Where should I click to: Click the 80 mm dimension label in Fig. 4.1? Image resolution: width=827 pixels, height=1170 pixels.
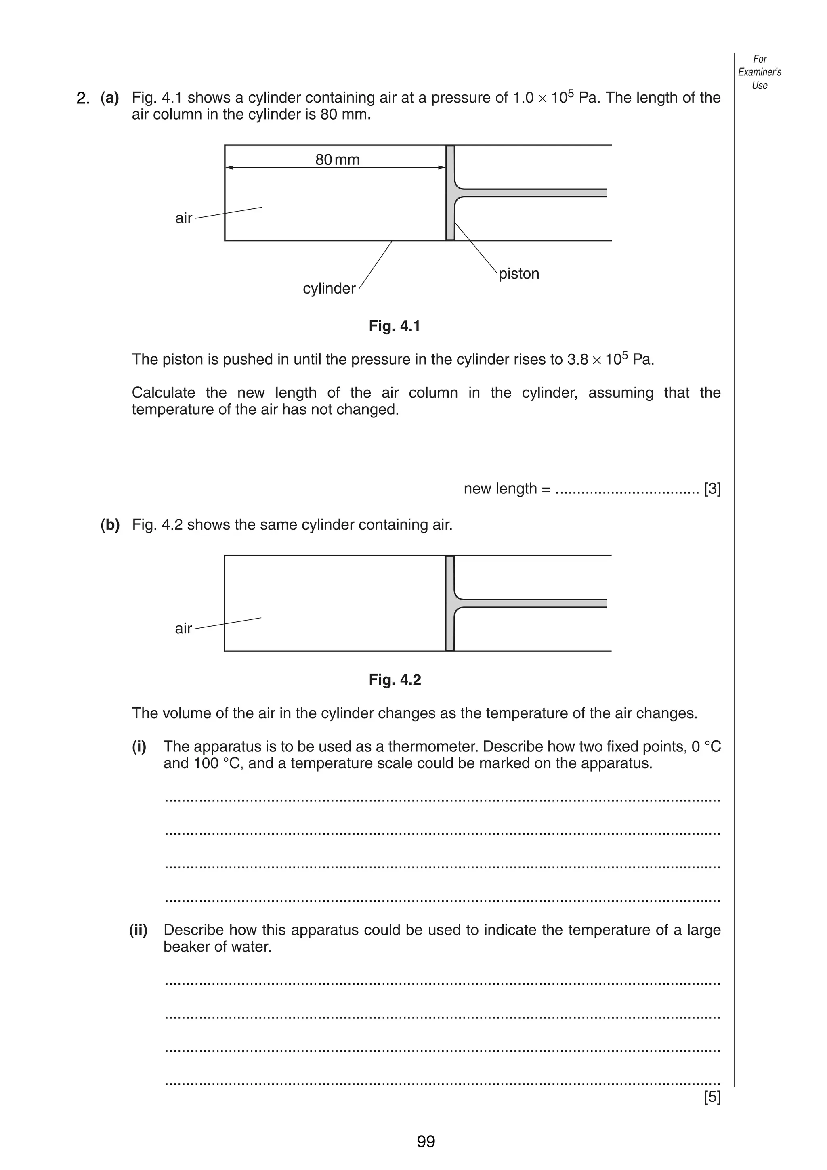click(x=337, y=160)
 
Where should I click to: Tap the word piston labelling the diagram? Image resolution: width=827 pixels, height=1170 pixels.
click(x=519, y=274)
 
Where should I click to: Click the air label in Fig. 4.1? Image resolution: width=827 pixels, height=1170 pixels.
click(x=183, y=218)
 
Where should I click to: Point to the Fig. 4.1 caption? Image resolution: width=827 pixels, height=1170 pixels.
click(x=395, y=326)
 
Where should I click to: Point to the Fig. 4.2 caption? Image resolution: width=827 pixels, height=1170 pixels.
click(x=395, y=680)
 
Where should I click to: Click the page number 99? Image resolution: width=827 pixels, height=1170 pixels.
click(x=426, y=1141)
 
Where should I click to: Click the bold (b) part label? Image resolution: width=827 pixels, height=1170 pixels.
click(x=110, y=524)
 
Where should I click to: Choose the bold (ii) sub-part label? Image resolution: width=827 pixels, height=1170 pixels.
click(x=138, y=930)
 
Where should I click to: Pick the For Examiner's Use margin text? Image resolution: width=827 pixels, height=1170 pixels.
click(x=759, y=72)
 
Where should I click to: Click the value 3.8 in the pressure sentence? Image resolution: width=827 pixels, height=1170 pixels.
click(x=578, y=360)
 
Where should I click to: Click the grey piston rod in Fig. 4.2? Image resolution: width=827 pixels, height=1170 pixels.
click(x=535, y=603)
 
